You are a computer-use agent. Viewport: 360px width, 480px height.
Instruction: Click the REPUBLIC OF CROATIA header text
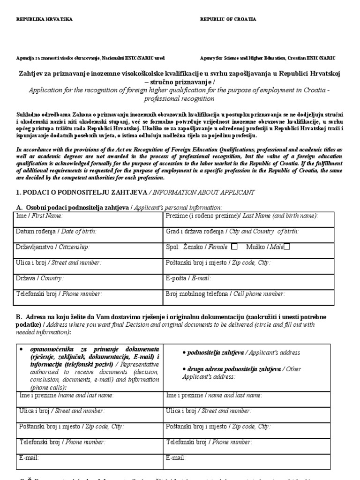tap(228, 19)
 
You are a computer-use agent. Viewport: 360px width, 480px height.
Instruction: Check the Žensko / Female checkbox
tap(235, 246)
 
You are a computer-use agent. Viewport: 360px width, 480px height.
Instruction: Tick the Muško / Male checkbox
tap(287, 246)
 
